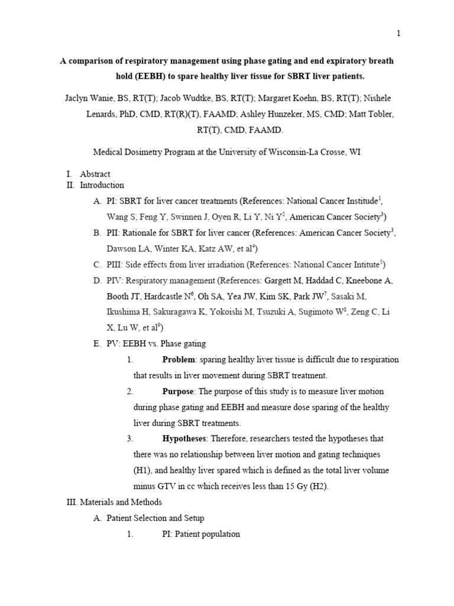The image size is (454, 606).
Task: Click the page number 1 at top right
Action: click(398, 34)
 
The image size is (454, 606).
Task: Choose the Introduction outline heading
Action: click(102, 185)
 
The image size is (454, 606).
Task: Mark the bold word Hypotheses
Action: click(184, 439)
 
